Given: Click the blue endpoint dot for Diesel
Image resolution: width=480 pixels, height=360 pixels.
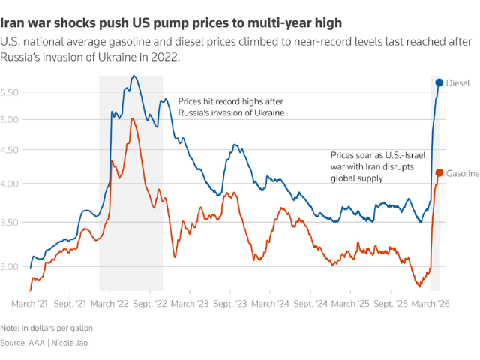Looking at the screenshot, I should click(x=439, y=82).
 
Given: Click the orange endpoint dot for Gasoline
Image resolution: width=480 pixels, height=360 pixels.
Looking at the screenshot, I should click(x=439, y=173).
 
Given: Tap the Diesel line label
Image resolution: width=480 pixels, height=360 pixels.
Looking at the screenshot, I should click(x=457, y=82).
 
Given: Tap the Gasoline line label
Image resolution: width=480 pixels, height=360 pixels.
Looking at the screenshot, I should click(x=463, y=174).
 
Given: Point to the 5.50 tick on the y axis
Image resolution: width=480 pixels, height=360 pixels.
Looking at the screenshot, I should click(x=14, y=92).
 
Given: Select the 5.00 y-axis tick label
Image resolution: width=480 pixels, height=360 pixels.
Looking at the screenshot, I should click(x=14, y=119).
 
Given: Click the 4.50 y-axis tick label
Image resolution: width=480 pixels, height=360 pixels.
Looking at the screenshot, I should click(x=14, y=150).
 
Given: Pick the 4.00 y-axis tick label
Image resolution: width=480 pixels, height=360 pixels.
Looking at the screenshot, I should click(x=14, y=184).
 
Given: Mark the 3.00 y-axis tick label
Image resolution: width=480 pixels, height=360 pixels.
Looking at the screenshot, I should click(x=14, y=266).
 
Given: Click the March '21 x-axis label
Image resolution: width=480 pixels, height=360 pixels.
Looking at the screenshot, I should click(x=31, y=304).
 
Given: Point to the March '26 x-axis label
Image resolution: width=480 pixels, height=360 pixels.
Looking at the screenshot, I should click(x=430, y=304).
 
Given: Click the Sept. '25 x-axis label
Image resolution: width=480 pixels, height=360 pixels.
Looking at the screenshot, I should click(x=391, y=304).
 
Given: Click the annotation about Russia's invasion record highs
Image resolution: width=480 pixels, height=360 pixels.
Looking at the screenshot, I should click(x=230, y=106).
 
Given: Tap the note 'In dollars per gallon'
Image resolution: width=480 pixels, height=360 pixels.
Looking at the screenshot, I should click(x=59, y=328).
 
